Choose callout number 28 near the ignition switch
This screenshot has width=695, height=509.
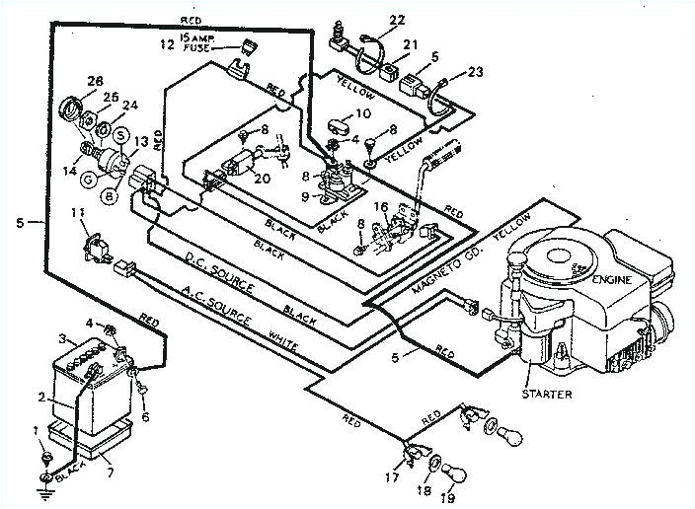[67, 80]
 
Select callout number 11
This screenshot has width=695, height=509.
[76, 214]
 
